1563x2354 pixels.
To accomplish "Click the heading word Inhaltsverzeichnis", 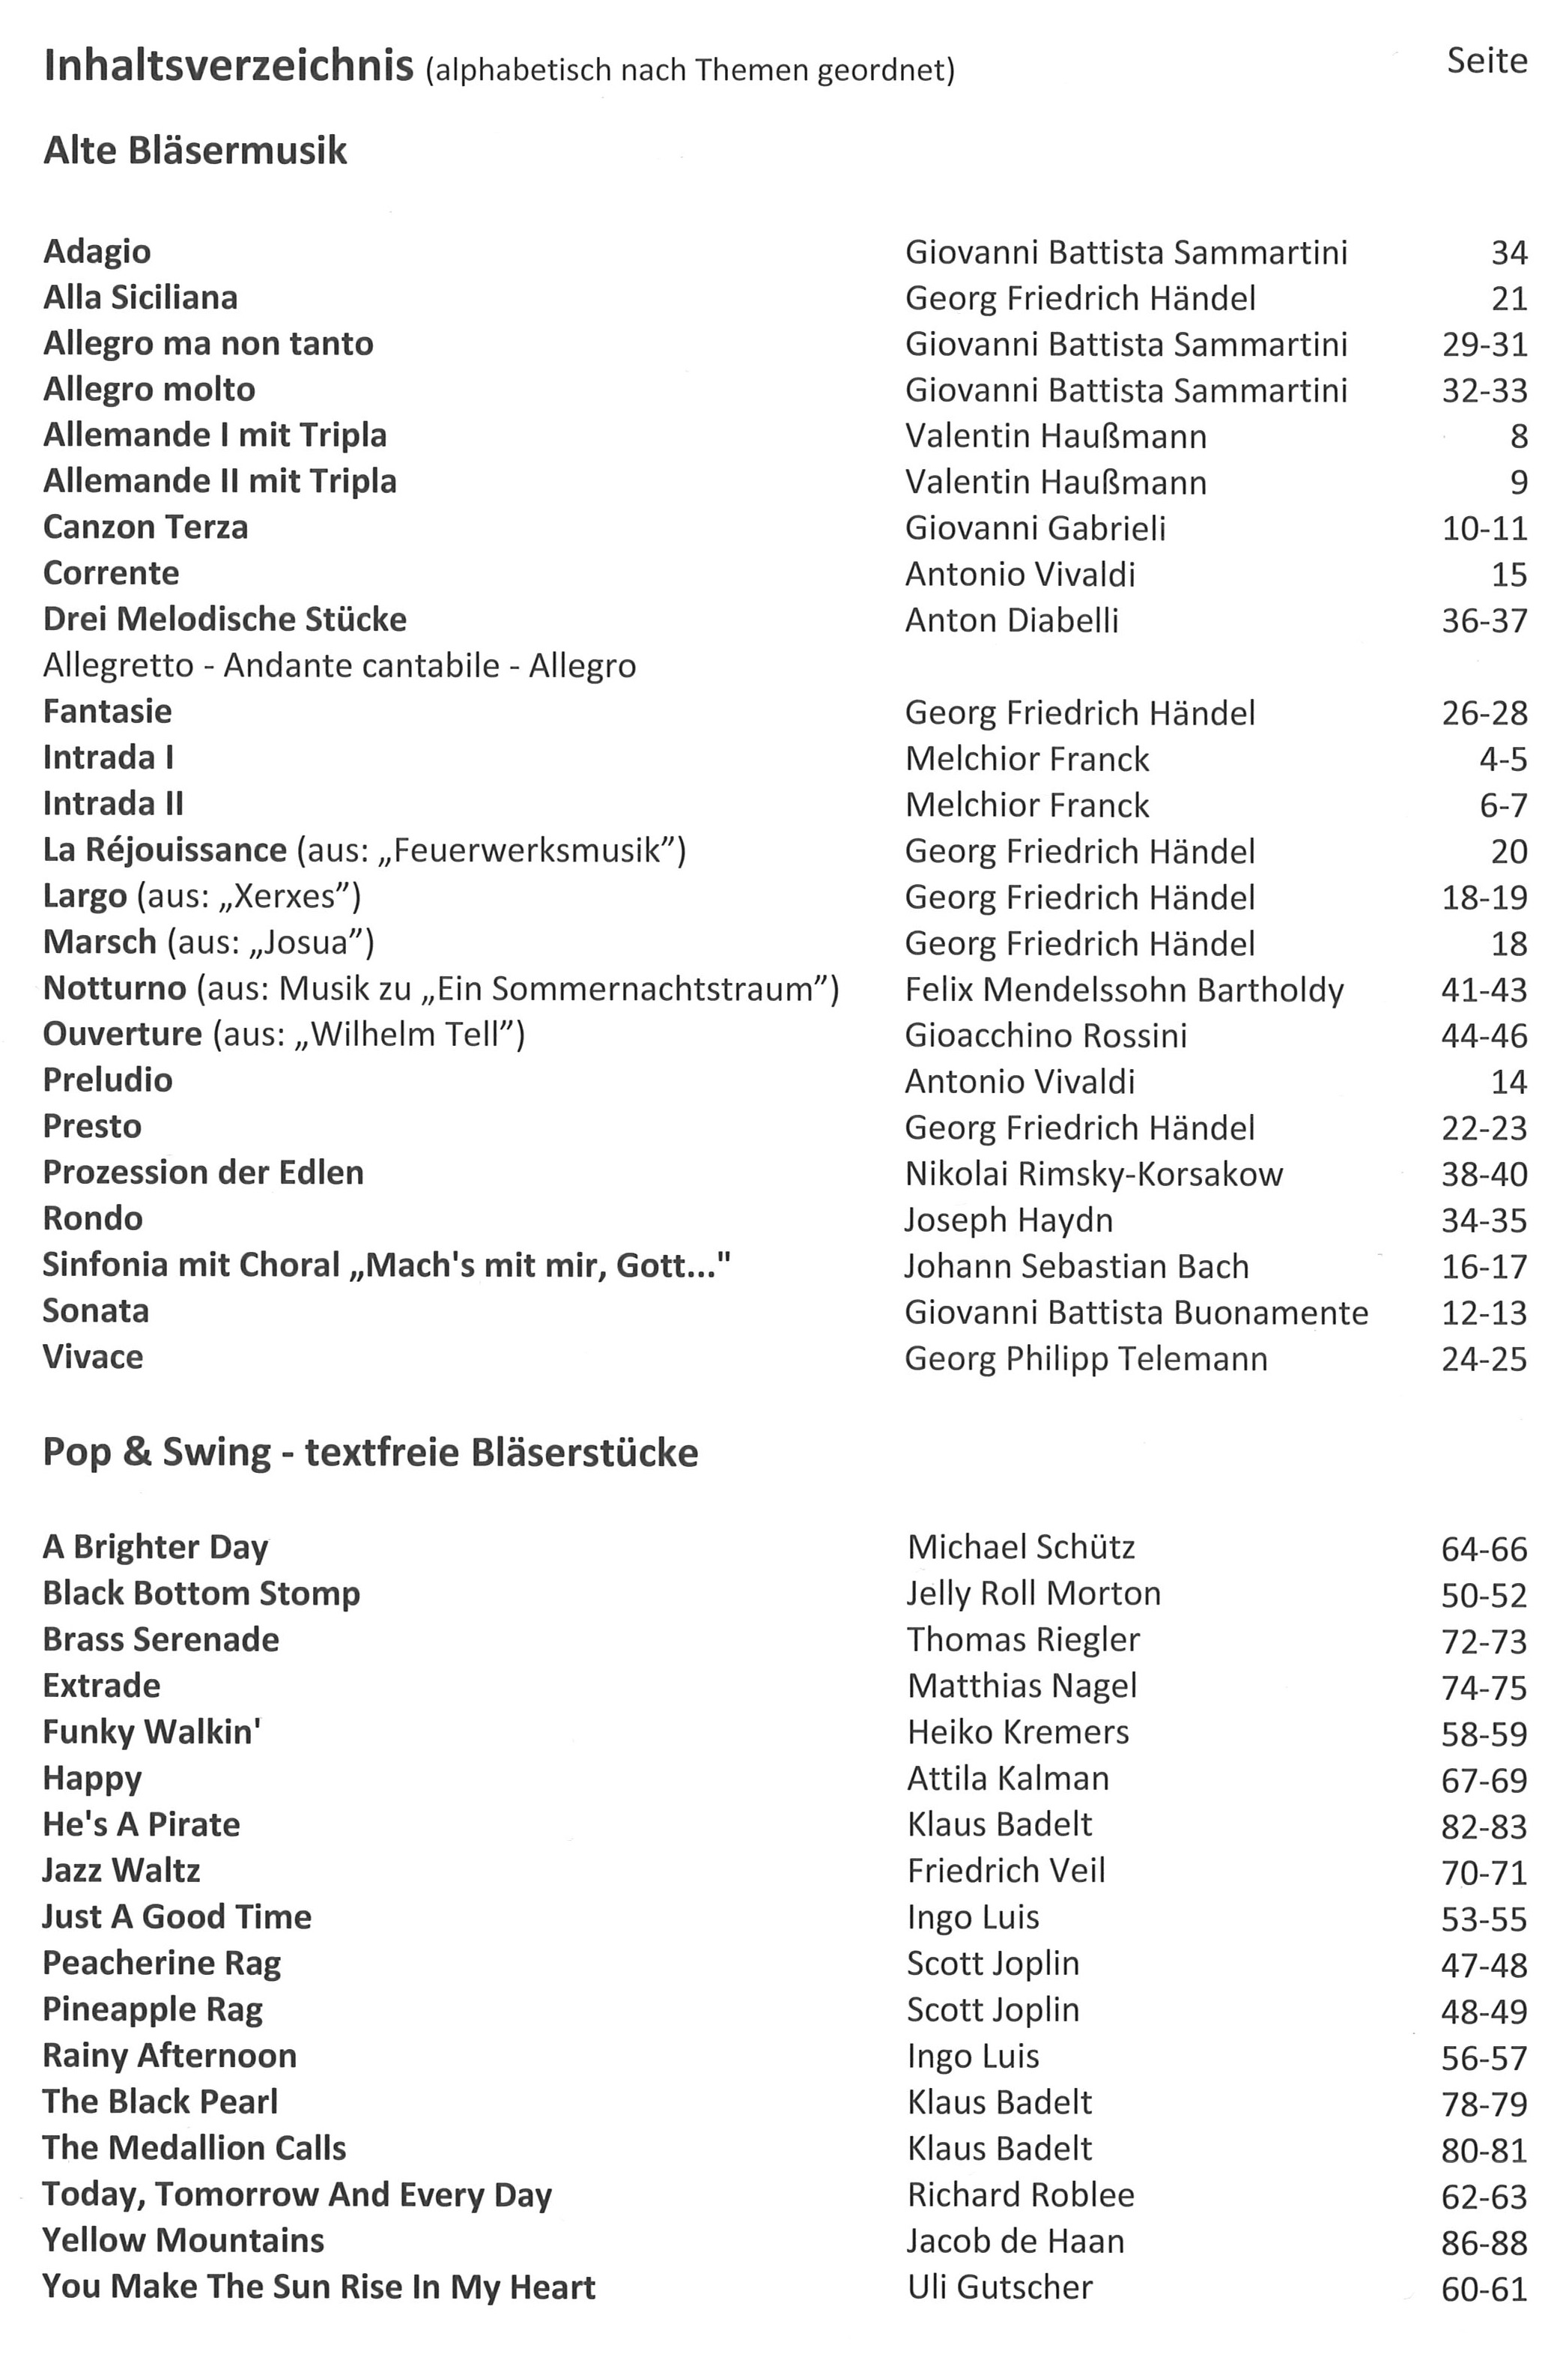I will [228, 67].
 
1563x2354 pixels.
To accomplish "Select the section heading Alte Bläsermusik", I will [195, 151].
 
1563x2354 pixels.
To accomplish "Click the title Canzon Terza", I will [145, 527].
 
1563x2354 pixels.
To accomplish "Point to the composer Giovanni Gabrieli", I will [1035, 527].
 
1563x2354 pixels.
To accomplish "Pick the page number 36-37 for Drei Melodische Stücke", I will [1484, 620].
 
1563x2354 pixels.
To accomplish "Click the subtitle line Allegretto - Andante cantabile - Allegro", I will [339, 665].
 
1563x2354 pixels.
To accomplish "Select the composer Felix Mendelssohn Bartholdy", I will [1123, 989].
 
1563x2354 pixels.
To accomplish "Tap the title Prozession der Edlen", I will [204, 1172].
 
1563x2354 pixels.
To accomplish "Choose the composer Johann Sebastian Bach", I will [1075, 1266].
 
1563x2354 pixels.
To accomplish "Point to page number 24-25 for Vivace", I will [1484, 1358].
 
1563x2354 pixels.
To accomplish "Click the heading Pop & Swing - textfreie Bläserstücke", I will [370, 1452].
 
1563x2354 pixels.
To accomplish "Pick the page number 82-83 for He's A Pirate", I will [1484, 1826].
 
